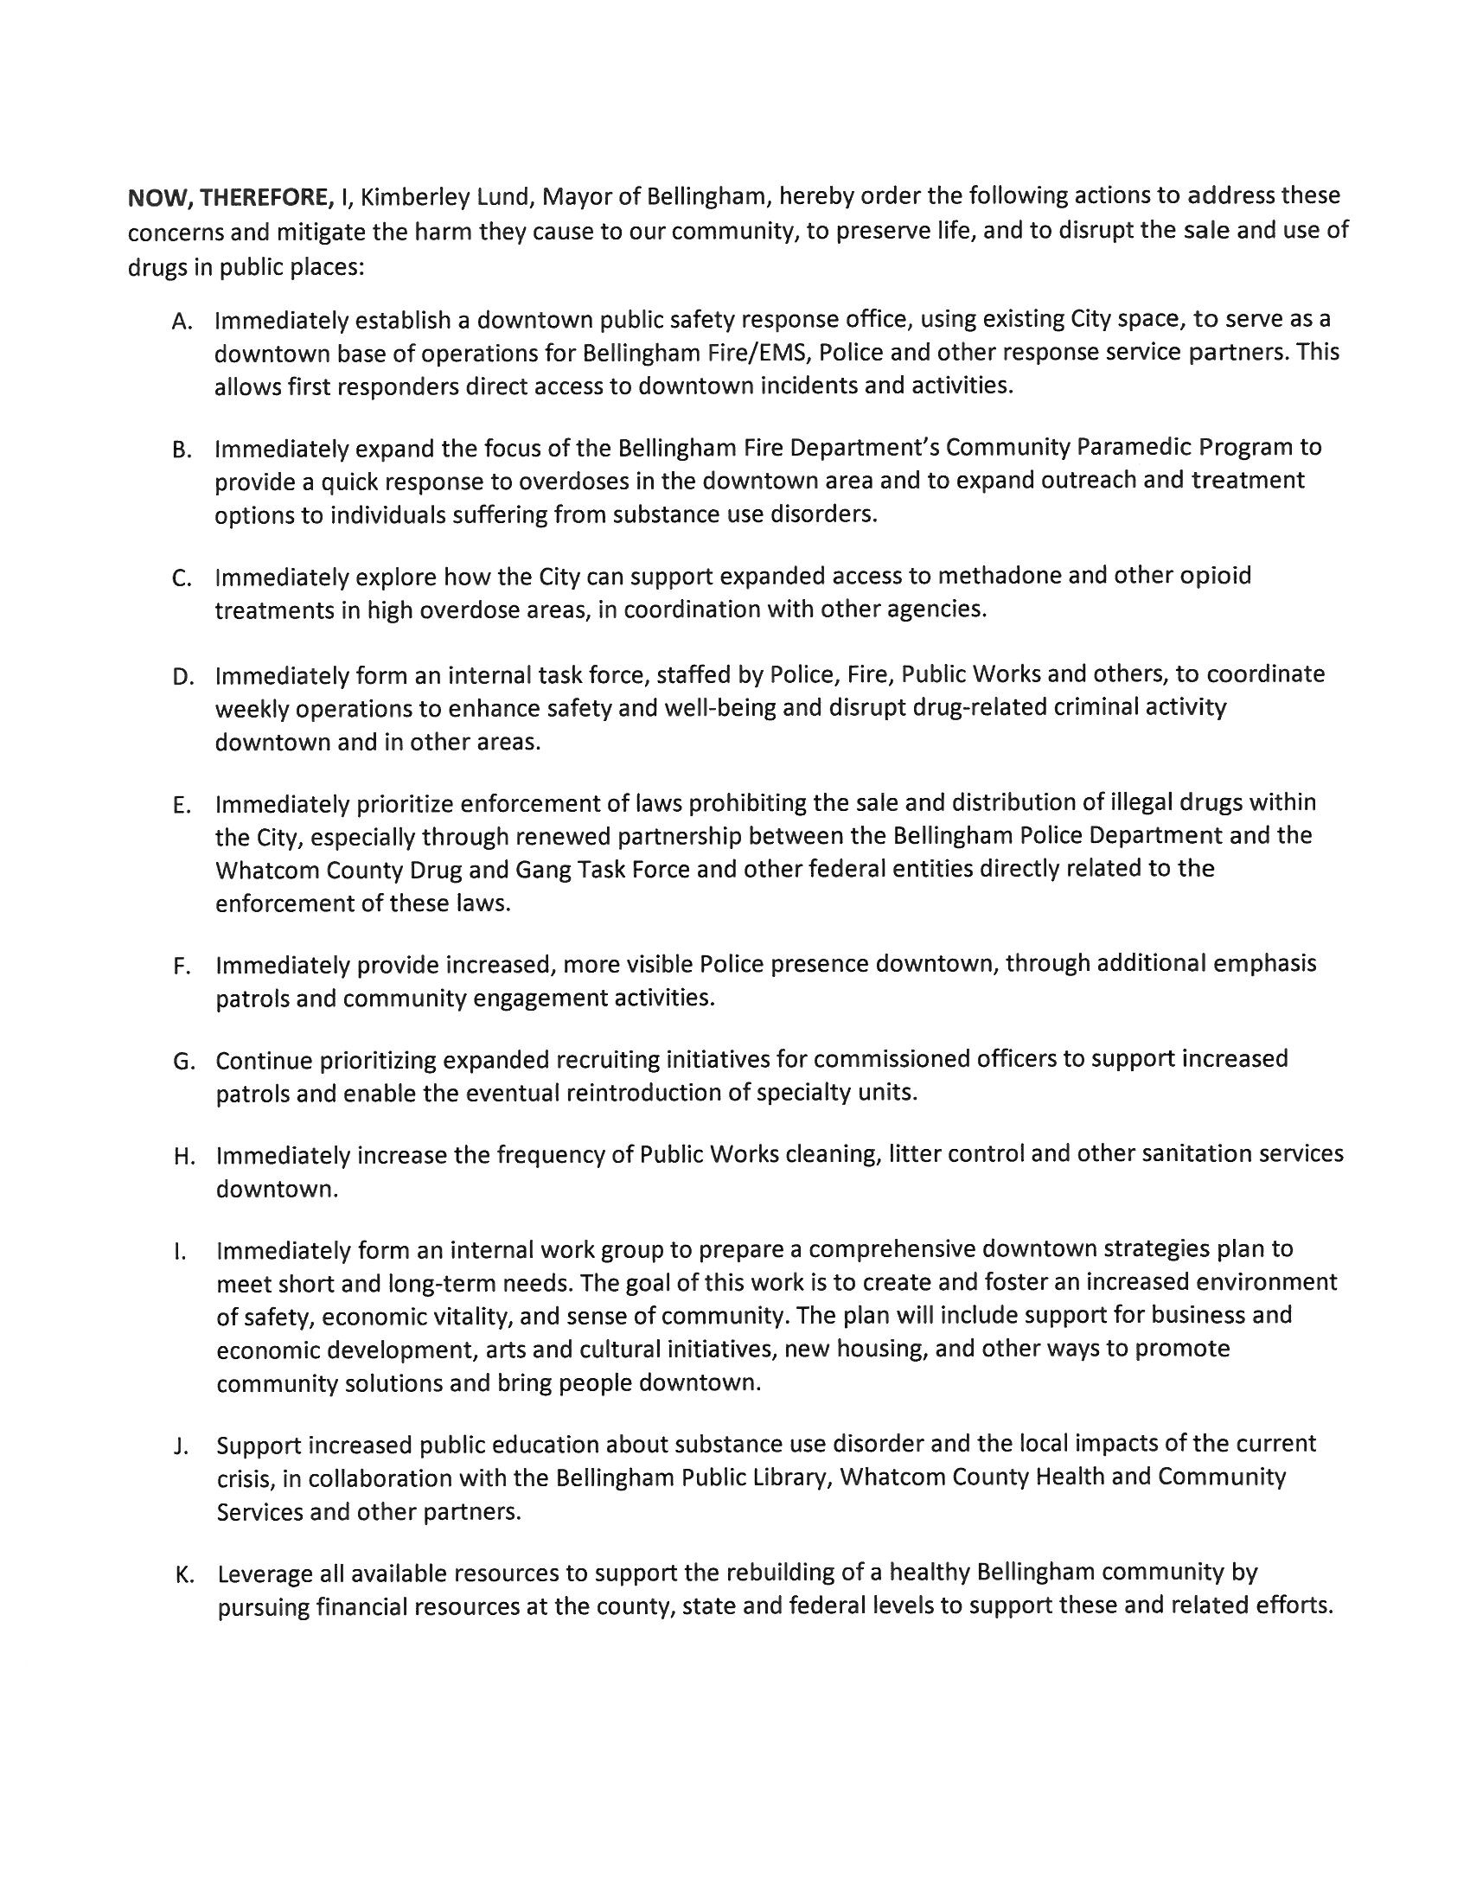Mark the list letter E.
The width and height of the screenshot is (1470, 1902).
pyautogui.click(x=180, y=805)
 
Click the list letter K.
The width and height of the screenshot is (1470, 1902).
pyautogui.click(x=182, y=1574)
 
